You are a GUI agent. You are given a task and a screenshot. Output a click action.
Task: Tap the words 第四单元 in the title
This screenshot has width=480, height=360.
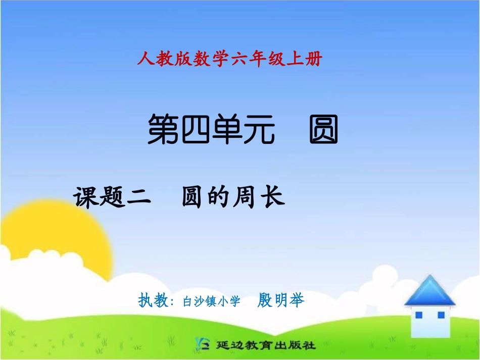212,130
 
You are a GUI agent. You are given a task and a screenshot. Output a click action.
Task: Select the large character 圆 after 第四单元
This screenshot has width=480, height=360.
323,130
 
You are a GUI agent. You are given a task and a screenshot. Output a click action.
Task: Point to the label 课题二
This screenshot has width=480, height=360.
112,197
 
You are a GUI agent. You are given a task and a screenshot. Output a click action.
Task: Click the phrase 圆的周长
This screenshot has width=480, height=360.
233,197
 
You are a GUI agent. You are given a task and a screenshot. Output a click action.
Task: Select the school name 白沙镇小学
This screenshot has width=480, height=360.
211,301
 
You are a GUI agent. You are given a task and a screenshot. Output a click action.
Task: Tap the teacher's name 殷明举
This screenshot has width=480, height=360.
281,300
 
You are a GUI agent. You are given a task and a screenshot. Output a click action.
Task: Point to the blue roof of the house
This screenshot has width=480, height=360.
429,290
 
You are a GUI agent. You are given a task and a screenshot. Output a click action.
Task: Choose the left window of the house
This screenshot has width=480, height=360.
418,315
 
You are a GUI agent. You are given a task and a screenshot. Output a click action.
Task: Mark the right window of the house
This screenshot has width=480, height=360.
441,315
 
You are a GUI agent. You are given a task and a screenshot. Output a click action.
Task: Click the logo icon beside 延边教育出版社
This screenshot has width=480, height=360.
201,345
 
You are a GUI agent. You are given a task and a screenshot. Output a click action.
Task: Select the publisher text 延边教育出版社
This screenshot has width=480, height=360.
265,345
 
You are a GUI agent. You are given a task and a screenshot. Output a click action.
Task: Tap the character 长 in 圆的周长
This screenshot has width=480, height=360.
273,197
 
